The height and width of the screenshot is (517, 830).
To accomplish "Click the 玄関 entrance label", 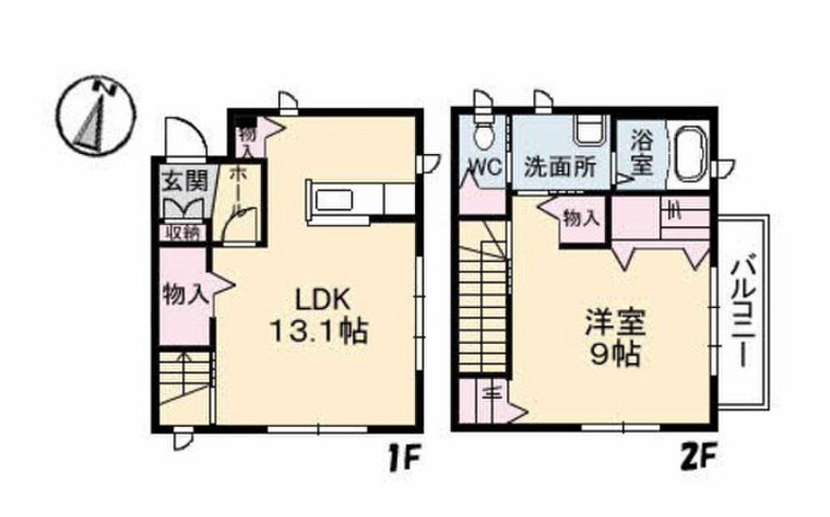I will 184,181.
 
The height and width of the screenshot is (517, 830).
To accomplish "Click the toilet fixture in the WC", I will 484,135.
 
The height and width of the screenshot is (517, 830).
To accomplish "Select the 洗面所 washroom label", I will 559,167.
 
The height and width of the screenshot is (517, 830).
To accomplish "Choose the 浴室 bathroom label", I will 641,152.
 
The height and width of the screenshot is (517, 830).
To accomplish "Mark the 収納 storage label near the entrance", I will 183,233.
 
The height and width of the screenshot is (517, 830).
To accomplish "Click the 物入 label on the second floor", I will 582,218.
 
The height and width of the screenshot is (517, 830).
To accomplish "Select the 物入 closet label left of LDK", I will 184,293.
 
